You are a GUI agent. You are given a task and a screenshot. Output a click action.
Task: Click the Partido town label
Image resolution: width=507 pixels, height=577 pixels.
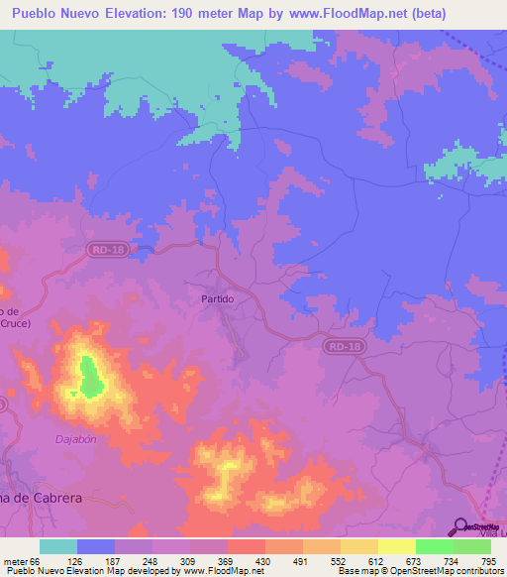click(217, 298)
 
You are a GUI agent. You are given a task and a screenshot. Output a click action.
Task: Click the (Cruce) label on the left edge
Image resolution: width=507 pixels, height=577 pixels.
click(16, 323)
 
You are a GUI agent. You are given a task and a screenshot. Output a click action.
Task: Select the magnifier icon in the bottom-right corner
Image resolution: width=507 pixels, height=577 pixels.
click(460, 526)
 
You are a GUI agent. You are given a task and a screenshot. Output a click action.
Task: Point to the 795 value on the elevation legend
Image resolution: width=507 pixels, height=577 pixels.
click(489, 561)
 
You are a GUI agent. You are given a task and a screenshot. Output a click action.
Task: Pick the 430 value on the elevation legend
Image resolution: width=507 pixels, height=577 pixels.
click(263, 561)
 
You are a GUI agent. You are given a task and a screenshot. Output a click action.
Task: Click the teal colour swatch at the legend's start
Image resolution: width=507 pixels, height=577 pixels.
click(58, 546)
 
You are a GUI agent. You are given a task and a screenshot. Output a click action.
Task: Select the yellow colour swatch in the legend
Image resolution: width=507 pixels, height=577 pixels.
click(396, 546)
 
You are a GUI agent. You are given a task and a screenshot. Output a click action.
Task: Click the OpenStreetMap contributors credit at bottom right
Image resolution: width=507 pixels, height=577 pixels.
click(453, 572)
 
